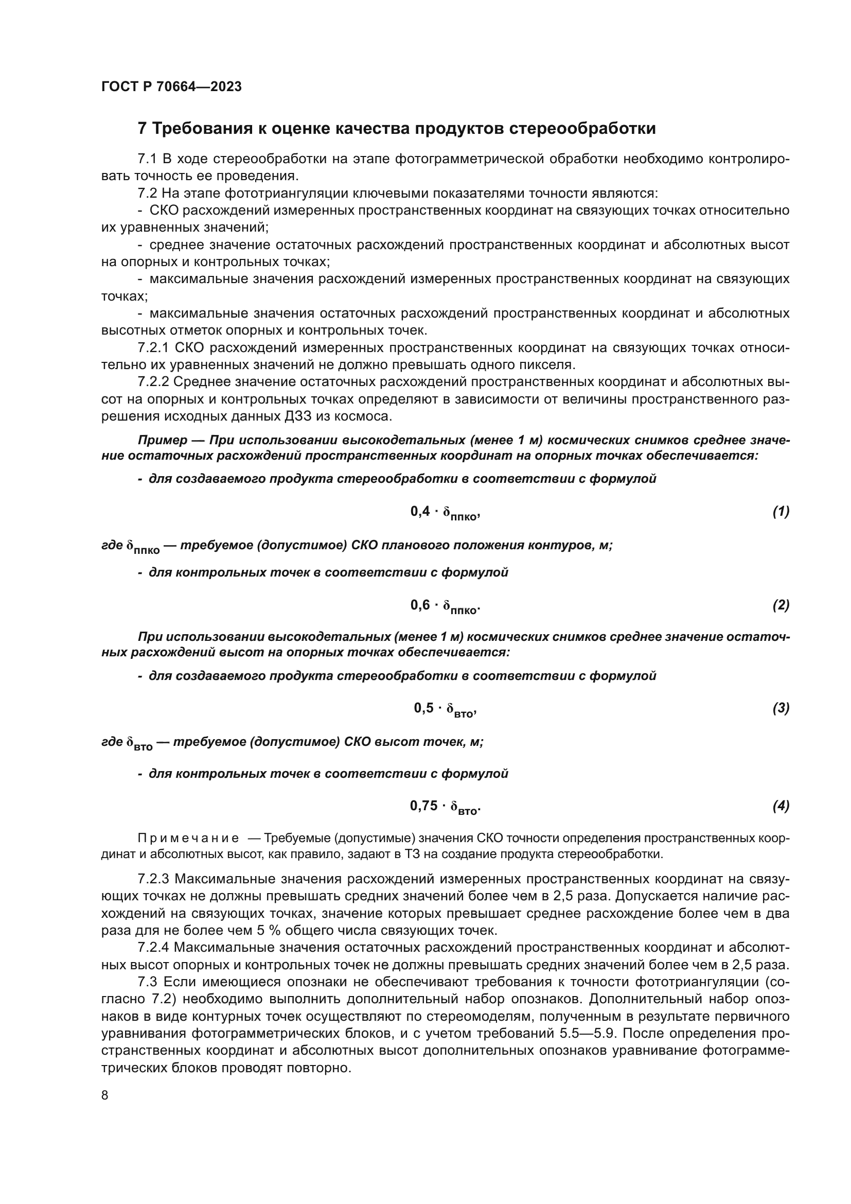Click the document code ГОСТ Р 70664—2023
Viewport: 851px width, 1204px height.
pyautogui.click(x=171, y=87)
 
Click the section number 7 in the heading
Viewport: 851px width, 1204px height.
pyautogui.click(x=141, y=129)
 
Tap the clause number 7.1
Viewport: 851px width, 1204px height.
pyautogui.click(x=147, y=159)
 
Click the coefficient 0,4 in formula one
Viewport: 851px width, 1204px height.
pyautogui.click(x=420, y=511)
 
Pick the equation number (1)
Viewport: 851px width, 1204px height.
pyautogui.click(x=781, y=511)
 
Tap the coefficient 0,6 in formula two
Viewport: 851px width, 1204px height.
pyautogui.click(x=420, y=605)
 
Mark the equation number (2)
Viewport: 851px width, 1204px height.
pyautogui.click(x=781, y=605)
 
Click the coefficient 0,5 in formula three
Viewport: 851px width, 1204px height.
pyautogui.click(x=423, y=708)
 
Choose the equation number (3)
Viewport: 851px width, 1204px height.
pyautogui.click(x=781, y=708)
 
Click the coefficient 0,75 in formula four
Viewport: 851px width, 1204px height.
pyautogui.click(x=423, y=806)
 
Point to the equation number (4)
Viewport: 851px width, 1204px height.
pyautogui.click(x=781, y=806)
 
